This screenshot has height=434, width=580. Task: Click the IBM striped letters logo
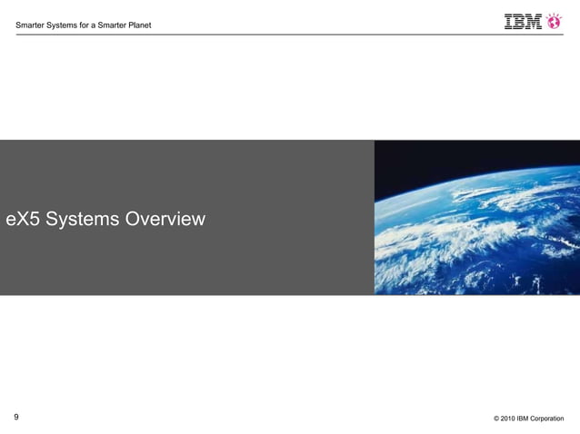[523, 21]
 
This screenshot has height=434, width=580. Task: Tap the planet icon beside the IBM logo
[554, 20]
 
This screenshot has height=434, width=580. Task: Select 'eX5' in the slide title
[24, 219]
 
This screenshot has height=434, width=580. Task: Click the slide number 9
[16, 417]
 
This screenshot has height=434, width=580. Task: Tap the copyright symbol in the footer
[496, 419]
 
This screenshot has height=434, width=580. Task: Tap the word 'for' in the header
[87, 25]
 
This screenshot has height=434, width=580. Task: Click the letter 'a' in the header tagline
[98, 25]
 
